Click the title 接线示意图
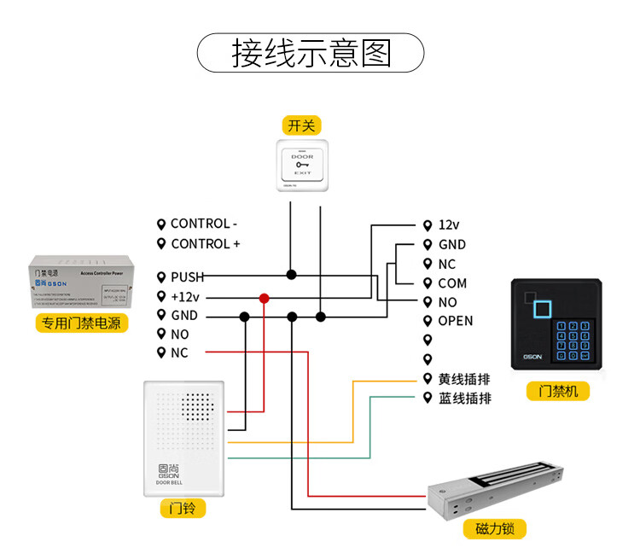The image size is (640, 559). point(311,53)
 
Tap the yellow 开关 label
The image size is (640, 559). point(301,126)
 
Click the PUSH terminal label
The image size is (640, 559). point(187,277)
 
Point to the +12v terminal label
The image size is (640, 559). point(184,296)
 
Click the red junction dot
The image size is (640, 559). point(265,298)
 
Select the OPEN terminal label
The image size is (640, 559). point(455,321)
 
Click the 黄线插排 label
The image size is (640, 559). point(464,378)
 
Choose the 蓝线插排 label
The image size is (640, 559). point(464,398)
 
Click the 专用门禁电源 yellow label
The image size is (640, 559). point(81,323)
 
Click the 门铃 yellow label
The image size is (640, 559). point(183,509)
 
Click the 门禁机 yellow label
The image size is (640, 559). point(558,391)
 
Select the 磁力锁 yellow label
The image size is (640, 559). point(495,529)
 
